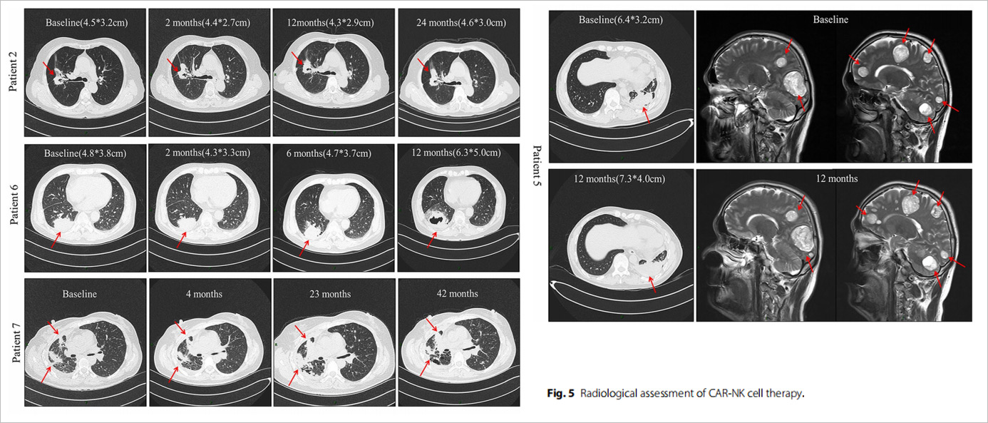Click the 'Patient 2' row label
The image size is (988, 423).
[x=13, y=71]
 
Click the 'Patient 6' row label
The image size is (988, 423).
[x=14, y=205]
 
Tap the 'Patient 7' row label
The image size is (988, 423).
[x=16, y=342]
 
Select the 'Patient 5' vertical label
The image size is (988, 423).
[x=537, y=165]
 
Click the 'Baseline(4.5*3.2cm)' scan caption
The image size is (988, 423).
[x=87, y=23]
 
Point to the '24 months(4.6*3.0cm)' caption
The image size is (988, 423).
[x=461, y=23]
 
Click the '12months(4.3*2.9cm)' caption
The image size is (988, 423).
[x=330, y=23]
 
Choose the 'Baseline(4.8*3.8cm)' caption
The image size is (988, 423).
[x=85, y=153]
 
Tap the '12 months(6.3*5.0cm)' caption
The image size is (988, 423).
[x=456, y=153]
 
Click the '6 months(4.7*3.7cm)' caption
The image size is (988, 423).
[x=329, y=153]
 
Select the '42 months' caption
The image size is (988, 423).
[x=458, y=294]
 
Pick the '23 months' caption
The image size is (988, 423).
[x=330, y=294]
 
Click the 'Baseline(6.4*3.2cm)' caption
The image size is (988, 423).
[x=621, y=20]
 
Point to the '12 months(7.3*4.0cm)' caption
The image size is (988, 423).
[x=619, y=179]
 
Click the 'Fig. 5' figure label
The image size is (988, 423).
[x=560, y=393]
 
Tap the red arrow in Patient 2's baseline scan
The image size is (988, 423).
[x=48, y=68]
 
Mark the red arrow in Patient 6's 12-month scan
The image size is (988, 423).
[x=432, y=240]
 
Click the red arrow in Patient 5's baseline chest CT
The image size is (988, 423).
[x=646, y=116]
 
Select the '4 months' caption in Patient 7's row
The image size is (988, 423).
[x=204, y=294]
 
